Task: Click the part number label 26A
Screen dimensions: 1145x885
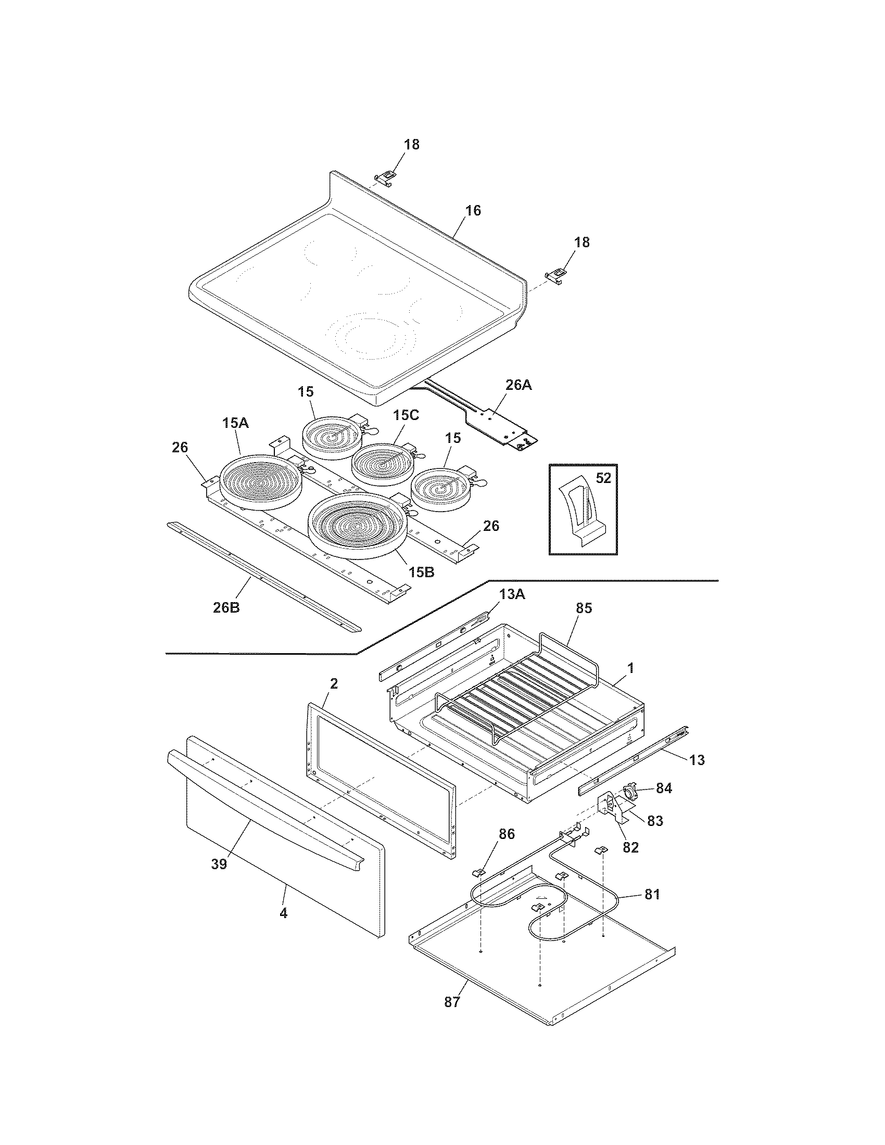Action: pyautogui.click(x=518, y=385)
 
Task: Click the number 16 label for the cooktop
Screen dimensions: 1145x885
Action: pyautogui.click(x=472, y=211)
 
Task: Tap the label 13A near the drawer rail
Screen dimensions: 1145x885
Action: pyautogui.click(x=512, y=594)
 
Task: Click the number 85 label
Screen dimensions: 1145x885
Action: pyautogui.click(x=583, y=608)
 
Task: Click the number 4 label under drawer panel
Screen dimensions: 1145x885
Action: pyautogui.click(x=283, y=913)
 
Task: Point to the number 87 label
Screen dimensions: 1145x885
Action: pyautogui.click(x=452, y=1002)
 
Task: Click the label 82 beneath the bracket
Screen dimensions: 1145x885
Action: pyautogui.click(x=630, y=847)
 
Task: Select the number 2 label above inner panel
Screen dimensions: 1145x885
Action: pyautogui.click(x=334, y=684)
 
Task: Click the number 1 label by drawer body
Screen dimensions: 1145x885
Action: pyautogui.click(x=631, y=668)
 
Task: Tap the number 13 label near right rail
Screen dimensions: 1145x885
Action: pyautogui.click(x=697, y=760)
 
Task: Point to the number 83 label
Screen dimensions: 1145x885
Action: pyautogui.click(x=655, y=821)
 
